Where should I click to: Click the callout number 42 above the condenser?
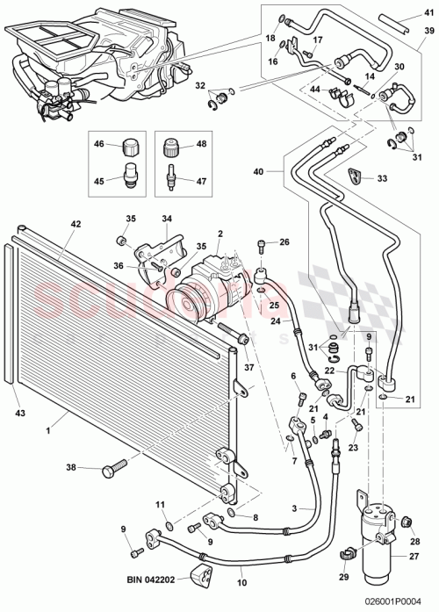[76, 224]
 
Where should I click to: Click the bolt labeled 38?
[113, 471]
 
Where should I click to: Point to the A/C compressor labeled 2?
[211, 281]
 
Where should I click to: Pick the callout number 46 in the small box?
[99, 143]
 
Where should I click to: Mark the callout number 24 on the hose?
[274, 320]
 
